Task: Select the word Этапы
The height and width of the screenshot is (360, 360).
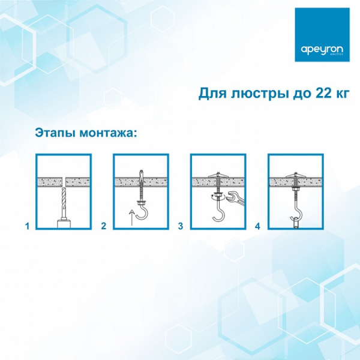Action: point(55,132)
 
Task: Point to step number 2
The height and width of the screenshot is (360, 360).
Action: point(104,227)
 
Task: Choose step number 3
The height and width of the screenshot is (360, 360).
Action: point(181,227)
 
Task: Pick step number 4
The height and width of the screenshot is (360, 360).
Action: point(257,227)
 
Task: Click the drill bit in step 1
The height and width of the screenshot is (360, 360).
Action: point(64,204)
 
